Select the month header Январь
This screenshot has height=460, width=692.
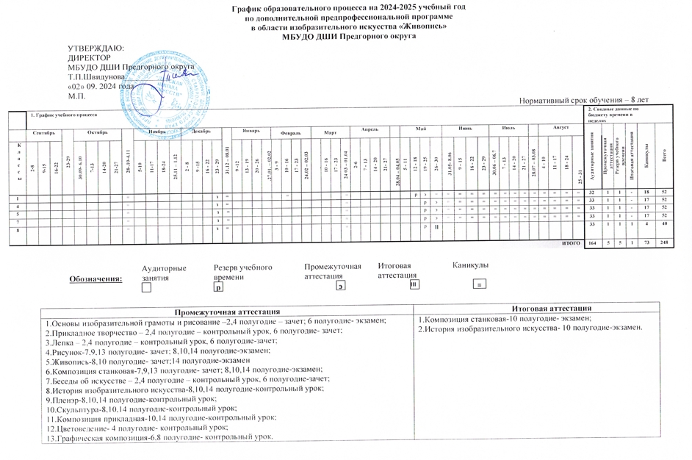click(x=252, y=130)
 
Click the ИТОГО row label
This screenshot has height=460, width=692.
click(x=571, y=242)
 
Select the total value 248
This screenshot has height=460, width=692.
click(x=664, y=242)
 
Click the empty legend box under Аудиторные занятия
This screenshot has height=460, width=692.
click(x=146, y=288)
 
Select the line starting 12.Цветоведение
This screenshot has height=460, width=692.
click(x=136, y=428)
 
